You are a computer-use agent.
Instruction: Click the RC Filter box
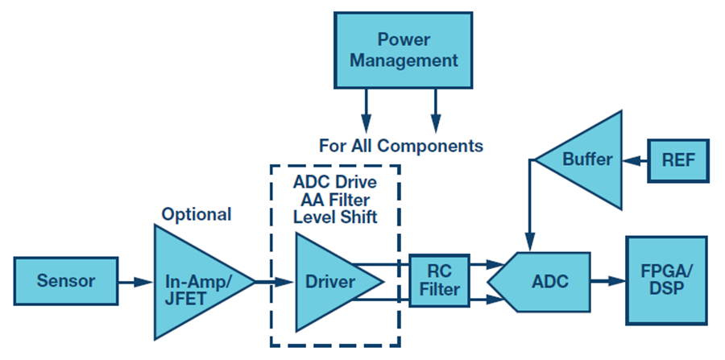point(440,281)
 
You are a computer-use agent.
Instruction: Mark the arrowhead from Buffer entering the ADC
point(529,242)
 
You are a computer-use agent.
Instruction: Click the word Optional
point(196,214)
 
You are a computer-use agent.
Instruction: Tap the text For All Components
point(401,146)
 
